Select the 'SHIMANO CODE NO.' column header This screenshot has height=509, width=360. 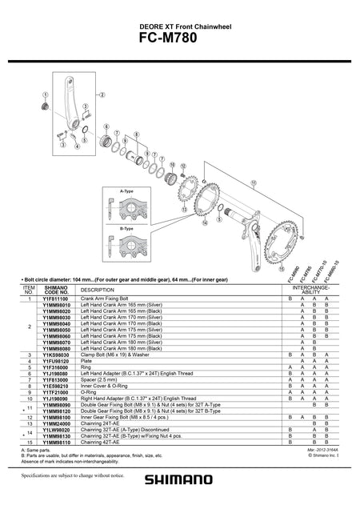[56, 289]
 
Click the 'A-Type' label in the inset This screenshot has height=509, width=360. [126, 192]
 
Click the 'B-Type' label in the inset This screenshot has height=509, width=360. [126, 228]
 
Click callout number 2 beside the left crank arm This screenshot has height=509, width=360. [103, 94]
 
